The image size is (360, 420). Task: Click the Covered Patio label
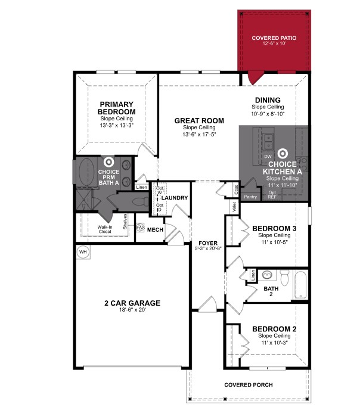[274, 38]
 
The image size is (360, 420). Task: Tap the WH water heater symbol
[82, 252]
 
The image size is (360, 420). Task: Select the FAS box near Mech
[141, 228]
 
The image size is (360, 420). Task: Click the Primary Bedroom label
[117, 108]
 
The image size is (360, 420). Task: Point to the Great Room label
[199, 121]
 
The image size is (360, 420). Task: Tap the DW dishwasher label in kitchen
[268, 156]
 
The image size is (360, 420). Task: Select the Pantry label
[250, 196]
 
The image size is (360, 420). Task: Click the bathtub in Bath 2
[301, 285]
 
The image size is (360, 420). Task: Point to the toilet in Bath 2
[284, 277]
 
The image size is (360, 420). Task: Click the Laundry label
[175, 198]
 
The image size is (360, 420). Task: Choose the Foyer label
[208, 243]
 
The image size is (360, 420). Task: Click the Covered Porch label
[248, 385]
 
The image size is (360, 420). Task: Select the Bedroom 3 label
[274, 229]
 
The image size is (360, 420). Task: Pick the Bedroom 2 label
[274, 329]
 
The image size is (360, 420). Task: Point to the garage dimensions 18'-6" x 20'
[132, 310]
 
